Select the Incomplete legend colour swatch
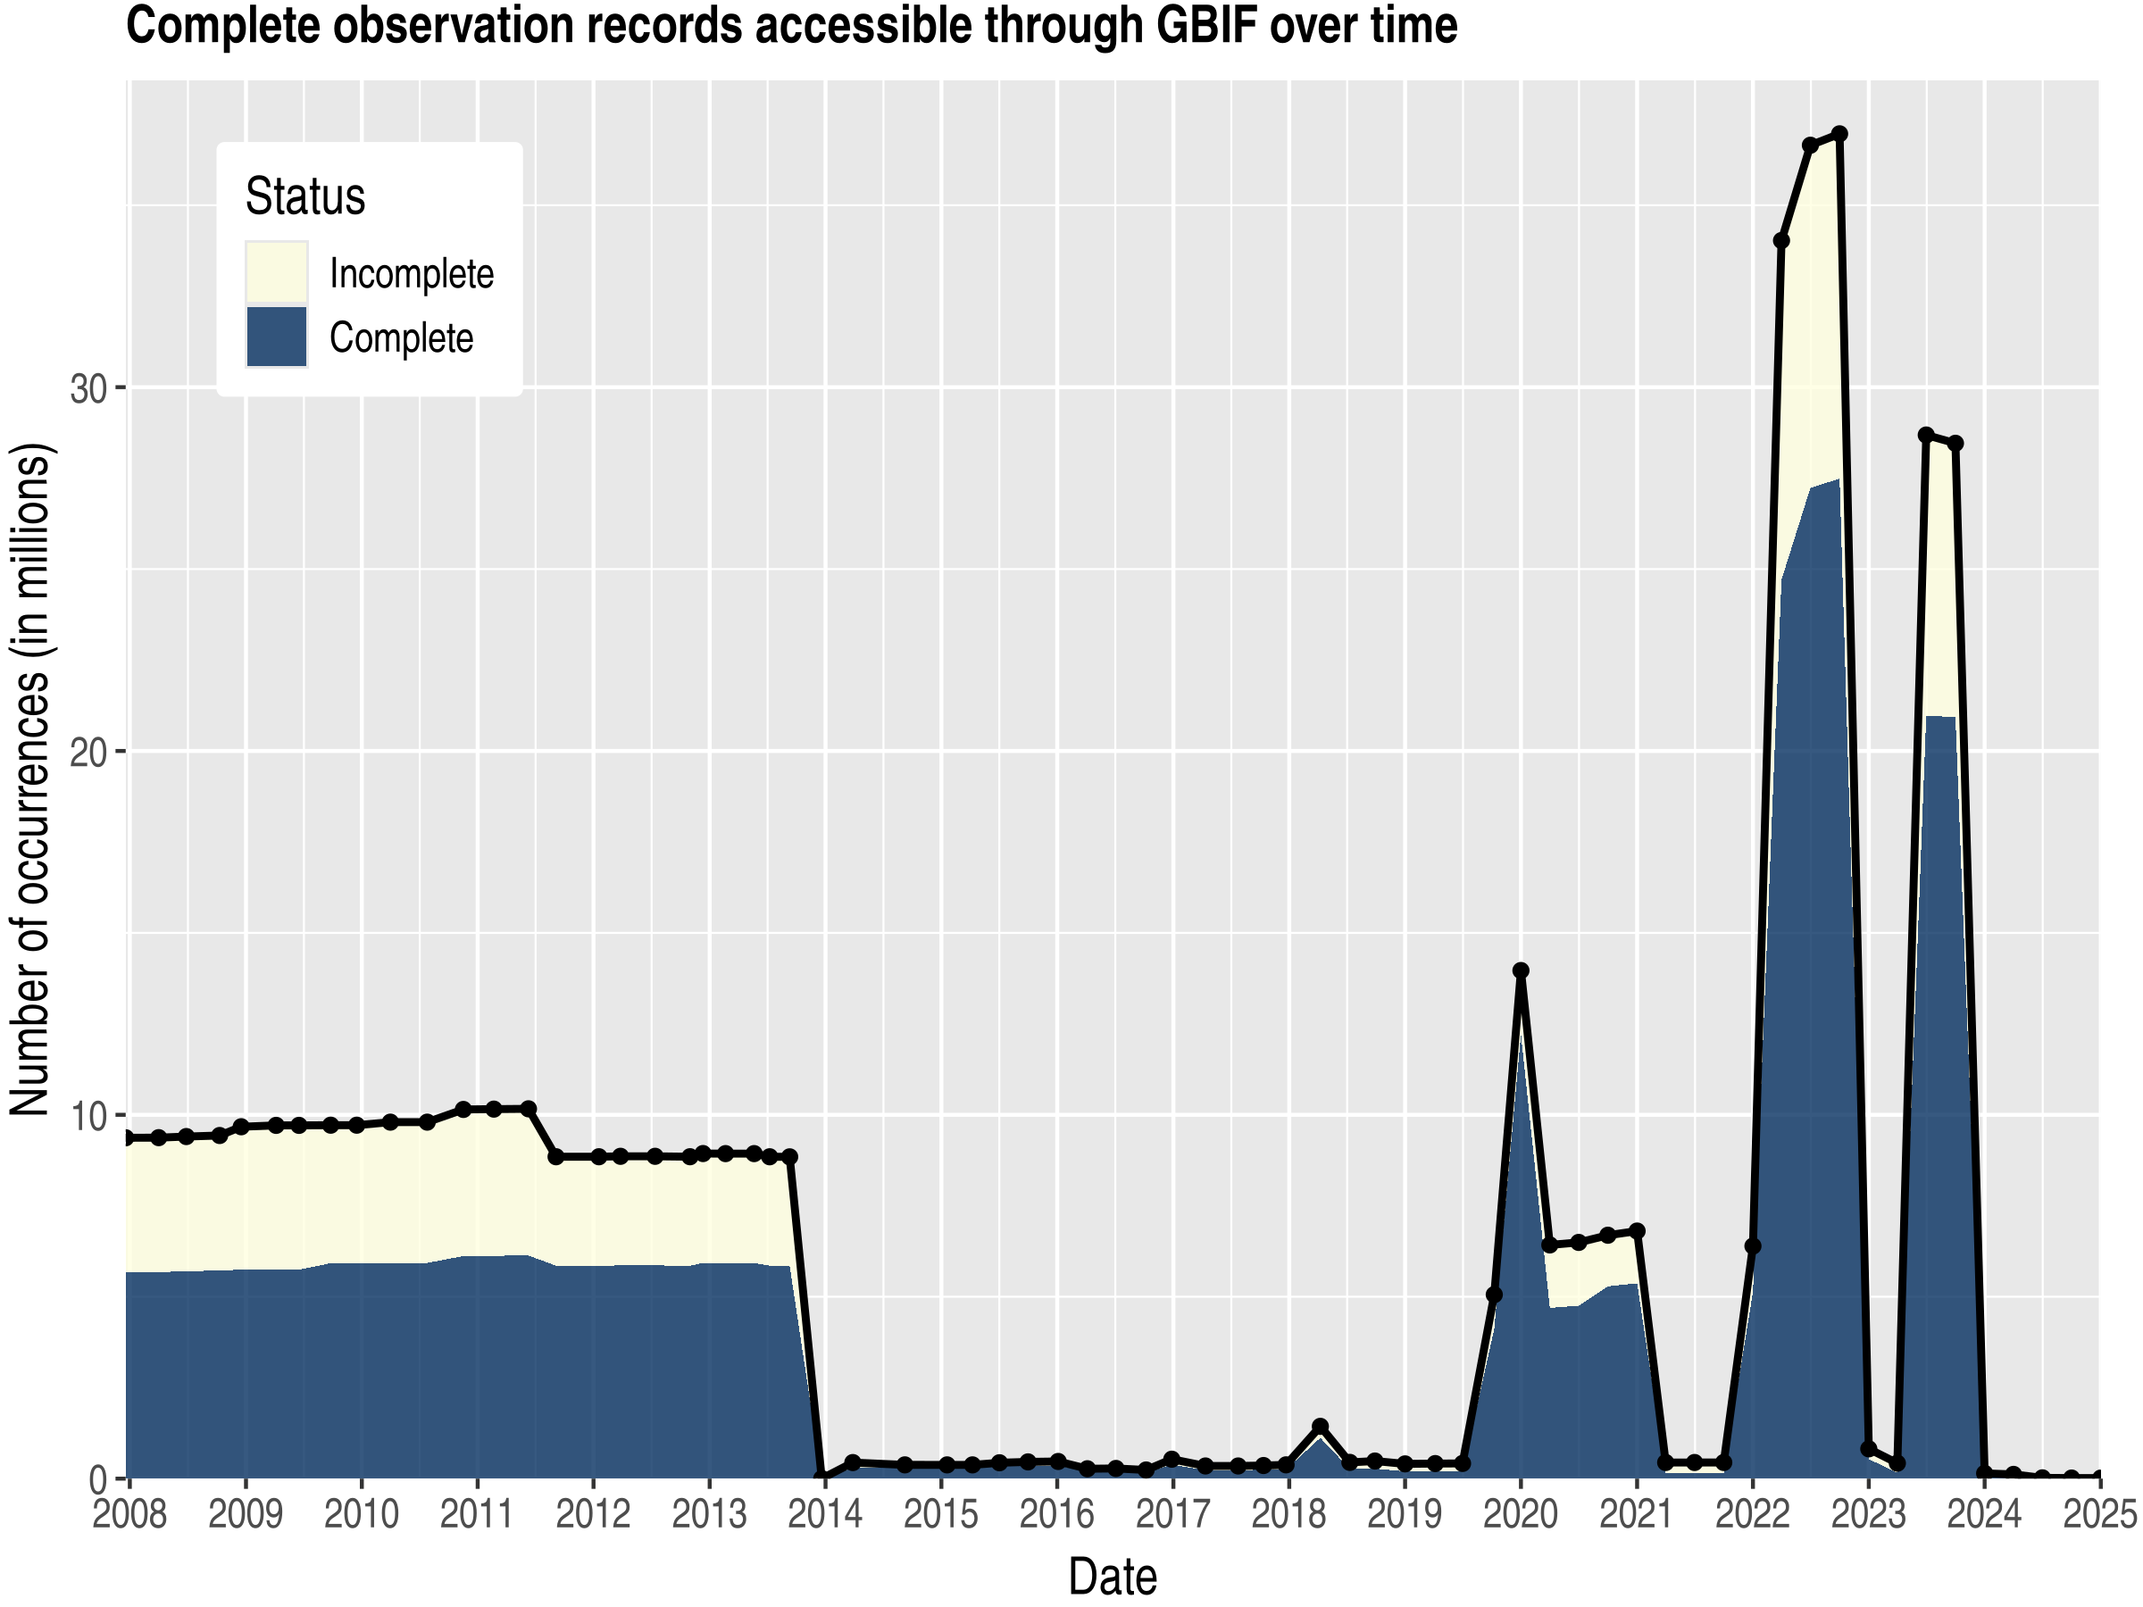click(276, 273)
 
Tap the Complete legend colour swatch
click(276, 337)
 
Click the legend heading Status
click(305, 196)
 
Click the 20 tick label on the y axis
click(88, 753)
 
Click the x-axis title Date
click(1113, 1577)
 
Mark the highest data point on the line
click(1839, 134)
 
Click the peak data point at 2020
click(1521, 970)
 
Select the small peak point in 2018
click(1320, 1427)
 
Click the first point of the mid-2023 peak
click(1926, 435)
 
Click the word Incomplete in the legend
click(412, 274)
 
